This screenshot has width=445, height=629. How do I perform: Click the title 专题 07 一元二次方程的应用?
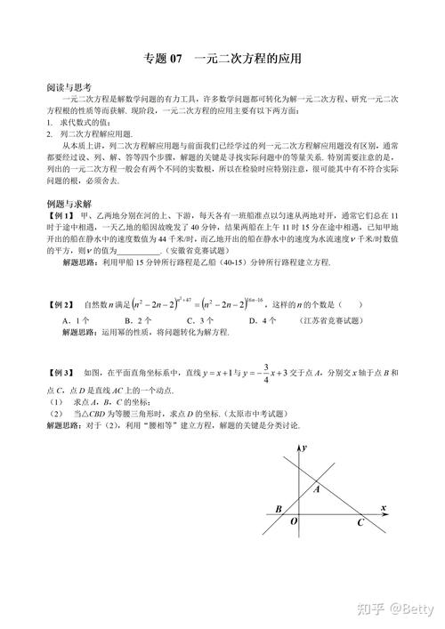pyautogui.click(x=222, y=60)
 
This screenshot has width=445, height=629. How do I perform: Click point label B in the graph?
pyautogui.click(x=279, y=509)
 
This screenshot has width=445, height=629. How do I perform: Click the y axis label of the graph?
pyautogui.click(x=304, y=446)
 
